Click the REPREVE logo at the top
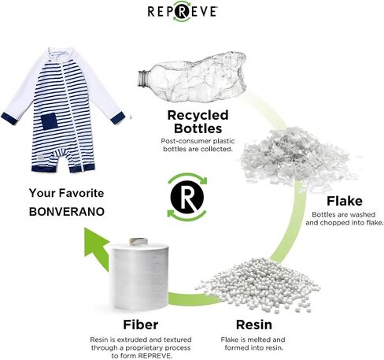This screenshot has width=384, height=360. click(182, 11)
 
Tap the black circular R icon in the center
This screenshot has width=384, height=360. click(187, 196)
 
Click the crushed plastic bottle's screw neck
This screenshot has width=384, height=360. click(143, 79)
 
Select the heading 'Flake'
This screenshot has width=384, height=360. click(345, 201)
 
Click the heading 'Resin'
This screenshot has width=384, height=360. click(254, 325)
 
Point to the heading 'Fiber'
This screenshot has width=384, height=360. click(141, 325)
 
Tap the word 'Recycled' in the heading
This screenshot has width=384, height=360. click(198, 115)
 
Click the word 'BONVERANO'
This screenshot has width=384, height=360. click(67, 212)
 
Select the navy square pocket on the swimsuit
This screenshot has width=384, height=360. click(49, 121)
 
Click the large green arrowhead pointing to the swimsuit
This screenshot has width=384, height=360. click(96, 246)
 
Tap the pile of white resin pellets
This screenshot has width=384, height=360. click(258, 285)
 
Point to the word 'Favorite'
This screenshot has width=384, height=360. click(81, 193)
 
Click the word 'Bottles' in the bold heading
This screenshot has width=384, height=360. click(198, 128)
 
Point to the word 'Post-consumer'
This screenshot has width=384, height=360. click(186, 141)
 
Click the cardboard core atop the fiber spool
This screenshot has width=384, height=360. click(138, 241)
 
